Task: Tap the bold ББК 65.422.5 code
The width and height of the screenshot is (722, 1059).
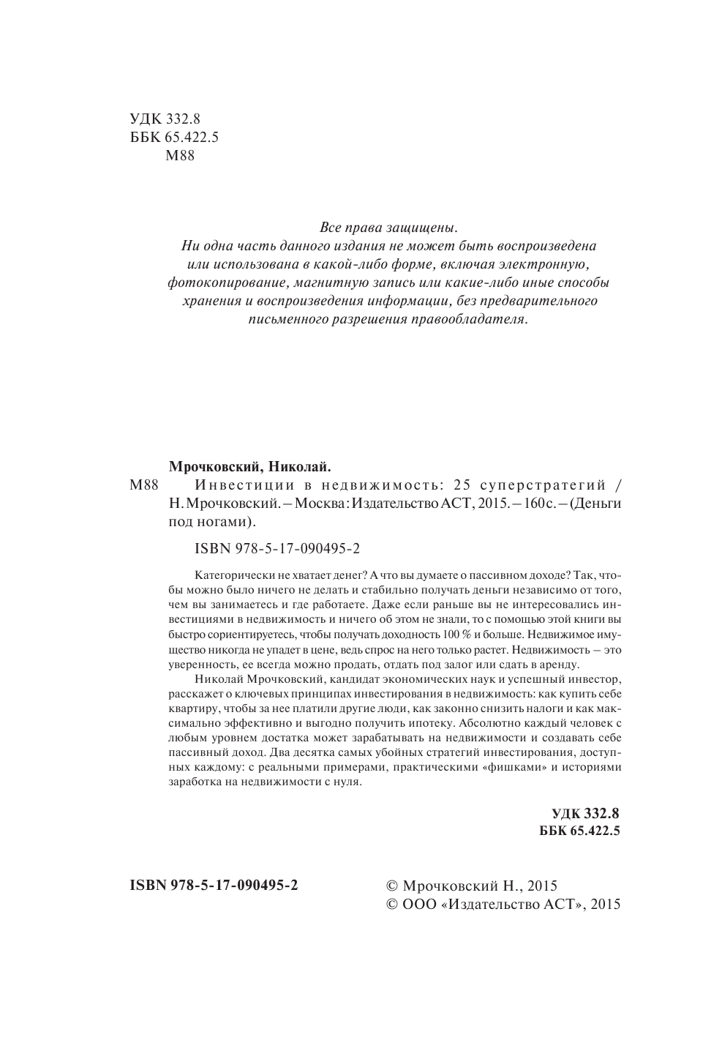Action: (579, 831)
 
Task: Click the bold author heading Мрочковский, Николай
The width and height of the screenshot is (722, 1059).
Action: (251, 465)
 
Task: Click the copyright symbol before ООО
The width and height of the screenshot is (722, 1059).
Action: (391, 905)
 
